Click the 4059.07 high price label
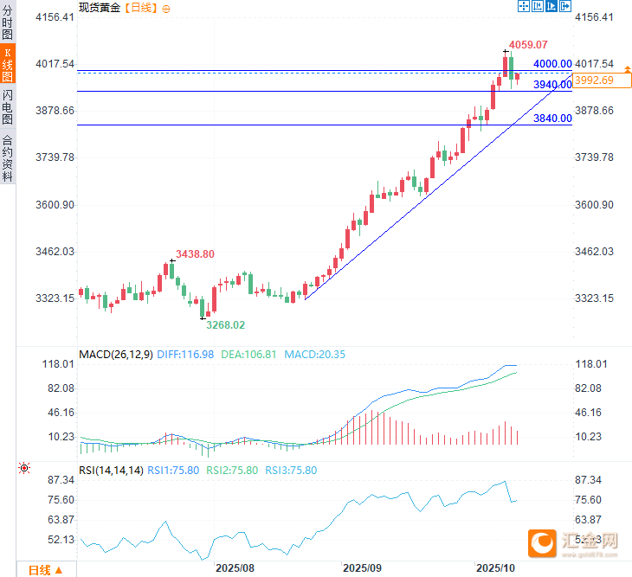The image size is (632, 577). click(x=527, y=44)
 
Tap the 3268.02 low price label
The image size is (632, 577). click(x=224, y=324)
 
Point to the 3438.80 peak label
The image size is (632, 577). click(x=195, y=254)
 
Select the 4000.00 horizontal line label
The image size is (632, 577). click(x=552, y=64)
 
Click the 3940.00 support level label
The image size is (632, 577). click(x=552, y=85)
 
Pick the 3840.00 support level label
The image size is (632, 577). click(x=552, y=119)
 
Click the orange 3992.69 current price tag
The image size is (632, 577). click(x=595, y=80)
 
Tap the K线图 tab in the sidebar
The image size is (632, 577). click(x=8, y=65)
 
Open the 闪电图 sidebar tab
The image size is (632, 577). click(x=8, y=106)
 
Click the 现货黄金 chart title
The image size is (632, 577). click(x=100, y=8)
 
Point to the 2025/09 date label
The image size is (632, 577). click(x=362, y=568)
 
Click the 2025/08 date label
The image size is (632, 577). click(x=235, y=568)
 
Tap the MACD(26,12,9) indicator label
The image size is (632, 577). click(x=116, y=354)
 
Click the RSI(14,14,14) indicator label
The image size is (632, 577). click(x=111, y=470)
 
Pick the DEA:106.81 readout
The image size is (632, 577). click(x=248, y=354)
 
